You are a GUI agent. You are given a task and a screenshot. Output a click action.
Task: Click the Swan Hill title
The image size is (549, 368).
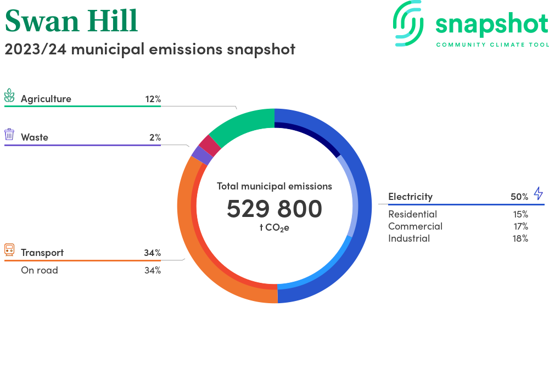[x=71, y=21]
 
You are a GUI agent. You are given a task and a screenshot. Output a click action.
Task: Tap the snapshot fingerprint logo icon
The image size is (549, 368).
[x=408, y=23]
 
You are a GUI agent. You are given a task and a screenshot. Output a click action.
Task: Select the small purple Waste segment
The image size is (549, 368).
[x=203, y=155]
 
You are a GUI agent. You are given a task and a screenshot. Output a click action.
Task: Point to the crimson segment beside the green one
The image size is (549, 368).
[x=210, y=145]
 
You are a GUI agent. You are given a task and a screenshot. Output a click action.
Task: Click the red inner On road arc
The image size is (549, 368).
[x=210, y=245]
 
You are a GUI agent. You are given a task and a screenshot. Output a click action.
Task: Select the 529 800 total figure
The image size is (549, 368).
[x=274, y=209]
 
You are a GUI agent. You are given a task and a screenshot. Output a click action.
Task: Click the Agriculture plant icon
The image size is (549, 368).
[x=9, y=95]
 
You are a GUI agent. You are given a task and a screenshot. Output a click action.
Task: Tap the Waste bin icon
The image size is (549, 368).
[x=9, y=135]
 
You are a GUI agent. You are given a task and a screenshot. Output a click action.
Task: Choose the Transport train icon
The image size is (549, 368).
[x=9, y=250]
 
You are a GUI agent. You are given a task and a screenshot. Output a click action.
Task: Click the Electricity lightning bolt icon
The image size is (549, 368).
[x=538, y=193]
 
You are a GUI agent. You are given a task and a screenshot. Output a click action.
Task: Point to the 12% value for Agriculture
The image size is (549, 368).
[x=153, y=99]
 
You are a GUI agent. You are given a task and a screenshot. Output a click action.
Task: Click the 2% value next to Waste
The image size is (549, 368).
[x=155, y=137]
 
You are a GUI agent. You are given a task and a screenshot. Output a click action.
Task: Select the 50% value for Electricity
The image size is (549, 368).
[x=519, y=197]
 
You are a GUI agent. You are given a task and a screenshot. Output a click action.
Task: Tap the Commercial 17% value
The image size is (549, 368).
[x=520, y=226]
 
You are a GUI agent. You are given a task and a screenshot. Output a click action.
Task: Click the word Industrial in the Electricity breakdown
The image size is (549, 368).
[x=409, y=238]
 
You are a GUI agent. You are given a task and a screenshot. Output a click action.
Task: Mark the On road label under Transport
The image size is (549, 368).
[x=39, y=270]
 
